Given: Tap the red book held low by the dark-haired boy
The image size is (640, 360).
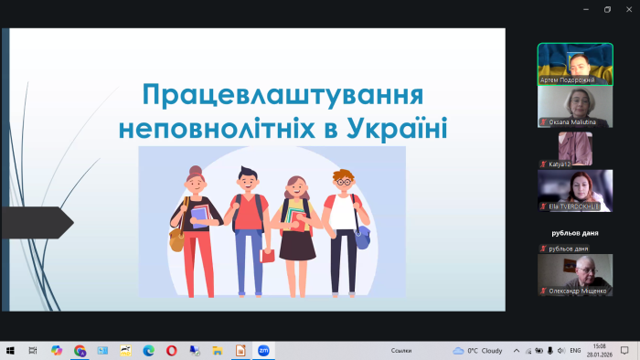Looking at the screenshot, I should click(267, 256).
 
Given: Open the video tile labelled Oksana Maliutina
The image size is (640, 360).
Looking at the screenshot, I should click(574, 104).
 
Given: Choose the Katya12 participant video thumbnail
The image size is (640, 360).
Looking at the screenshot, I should click(574, 147).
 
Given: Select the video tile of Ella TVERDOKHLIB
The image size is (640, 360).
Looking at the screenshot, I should click(574, 190).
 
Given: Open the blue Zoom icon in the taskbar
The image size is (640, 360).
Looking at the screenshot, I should click(263, 350).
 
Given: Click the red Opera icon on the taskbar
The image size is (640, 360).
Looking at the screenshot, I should click(171, 350).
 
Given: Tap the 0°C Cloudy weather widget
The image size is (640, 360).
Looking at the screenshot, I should click(478, 350).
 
